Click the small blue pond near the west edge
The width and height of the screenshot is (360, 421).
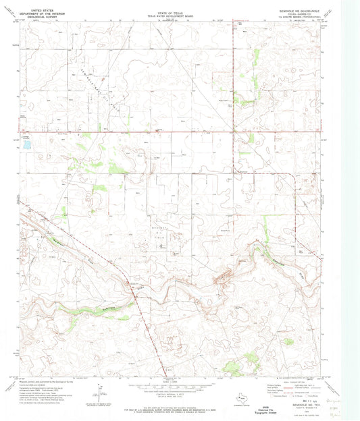click(26, 144)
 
